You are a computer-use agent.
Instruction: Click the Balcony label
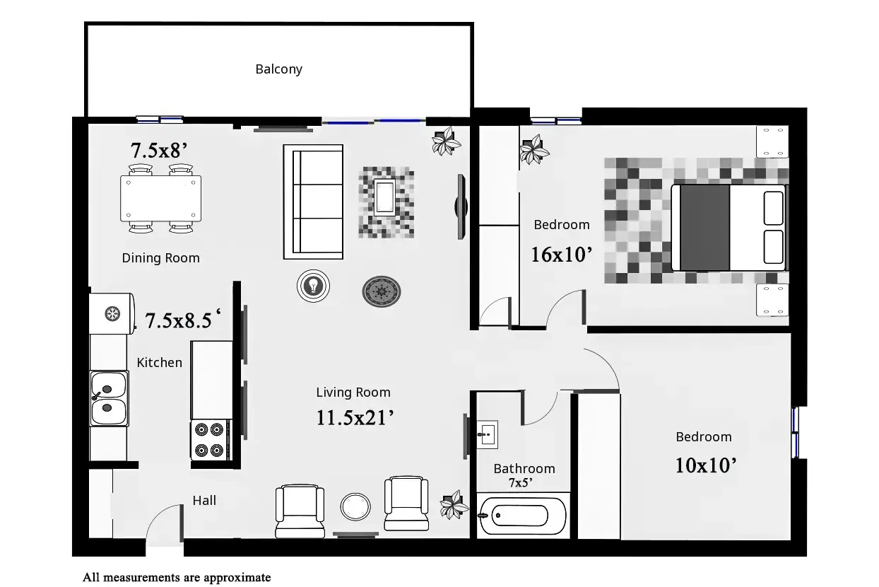278,69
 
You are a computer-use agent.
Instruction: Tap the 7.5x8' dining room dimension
158,151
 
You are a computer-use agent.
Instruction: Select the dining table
161,199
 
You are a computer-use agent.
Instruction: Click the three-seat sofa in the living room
313,202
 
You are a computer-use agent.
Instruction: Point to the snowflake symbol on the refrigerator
112,314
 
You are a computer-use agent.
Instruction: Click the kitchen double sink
109,399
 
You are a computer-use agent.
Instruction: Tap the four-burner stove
210,440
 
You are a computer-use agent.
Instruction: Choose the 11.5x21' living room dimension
355,418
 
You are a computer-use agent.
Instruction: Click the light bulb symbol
313,286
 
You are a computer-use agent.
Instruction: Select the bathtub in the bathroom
522,516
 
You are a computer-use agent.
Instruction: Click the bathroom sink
488,435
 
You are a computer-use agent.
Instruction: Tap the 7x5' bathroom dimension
520,482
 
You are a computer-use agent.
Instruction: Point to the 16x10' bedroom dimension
561,255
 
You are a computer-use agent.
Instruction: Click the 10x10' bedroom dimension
706,465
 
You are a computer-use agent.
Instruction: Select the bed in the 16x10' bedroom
728,228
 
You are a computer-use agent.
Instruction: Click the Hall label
204,501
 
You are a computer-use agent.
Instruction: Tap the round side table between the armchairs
355,506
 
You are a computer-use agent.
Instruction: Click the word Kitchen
159,362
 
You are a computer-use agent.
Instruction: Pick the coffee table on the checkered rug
384,197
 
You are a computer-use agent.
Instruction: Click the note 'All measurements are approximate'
177,578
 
